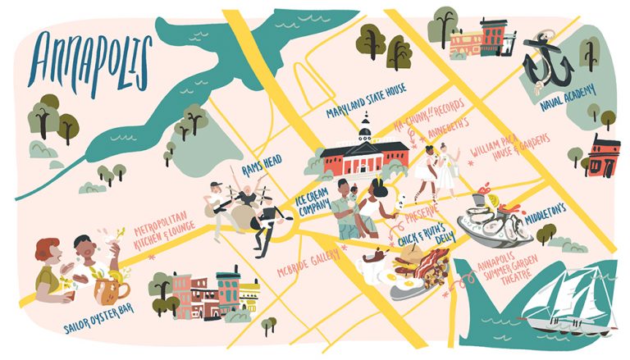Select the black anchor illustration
pos(546,62)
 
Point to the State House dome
pos(365,131)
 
